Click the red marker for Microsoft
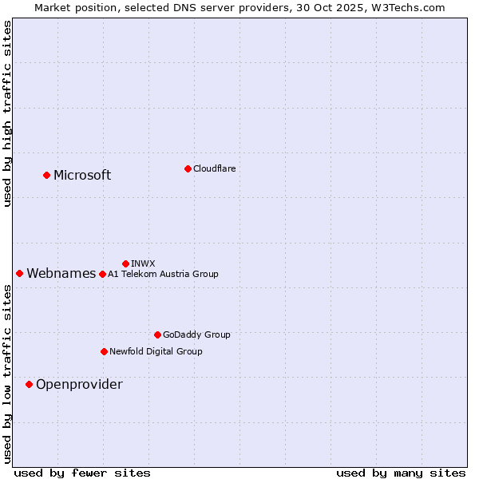pos(46,175)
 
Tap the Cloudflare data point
pos(188,168)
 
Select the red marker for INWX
pos(125,263)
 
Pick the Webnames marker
pos(19,273)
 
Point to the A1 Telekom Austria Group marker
pos(102,274)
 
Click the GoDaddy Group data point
pos(157,335)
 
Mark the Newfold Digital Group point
pos(104,351)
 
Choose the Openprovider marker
pos(29,384)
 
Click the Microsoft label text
pos(82,176)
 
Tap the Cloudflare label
pos(215,168)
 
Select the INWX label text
pos(143,263)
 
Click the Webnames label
pos(61,274)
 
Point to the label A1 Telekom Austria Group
pos(163,274)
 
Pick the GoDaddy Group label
pos(196,335)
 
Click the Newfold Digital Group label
pos(156,351)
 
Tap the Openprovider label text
pos(79,385)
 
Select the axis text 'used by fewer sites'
pos(82,473)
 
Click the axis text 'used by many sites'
pos(401,473)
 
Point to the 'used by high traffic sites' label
pos(7,113)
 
